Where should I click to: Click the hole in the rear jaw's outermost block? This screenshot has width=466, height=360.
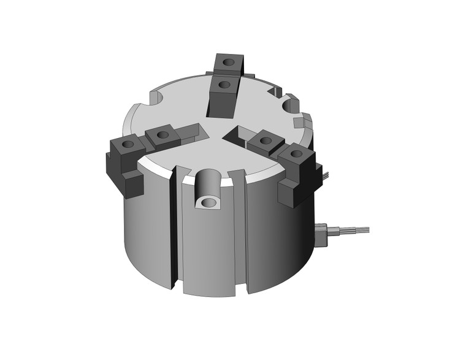tap(229, 62)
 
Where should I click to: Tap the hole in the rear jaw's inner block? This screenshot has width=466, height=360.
tap(224, 85)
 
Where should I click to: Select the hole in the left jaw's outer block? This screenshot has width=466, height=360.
tap(128, 145)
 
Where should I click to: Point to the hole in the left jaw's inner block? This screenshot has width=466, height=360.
tap(162, 134)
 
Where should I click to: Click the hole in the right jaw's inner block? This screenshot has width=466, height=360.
tap(265, 140)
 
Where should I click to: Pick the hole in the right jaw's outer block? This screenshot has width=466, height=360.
tap(296, 153)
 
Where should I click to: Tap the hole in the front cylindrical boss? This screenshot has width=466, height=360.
tap(210, 202)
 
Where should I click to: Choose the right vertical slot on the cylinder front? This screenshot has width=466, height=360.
tap(241, 233)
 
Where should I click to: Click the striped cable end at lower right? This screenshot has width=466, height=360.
tap(356, 231)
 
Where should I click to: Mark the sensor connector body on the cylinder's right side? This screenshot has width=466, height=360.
tap(321, 234)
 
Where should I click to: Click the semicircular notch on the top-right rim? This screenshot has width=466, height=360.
tap(291, 105)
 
